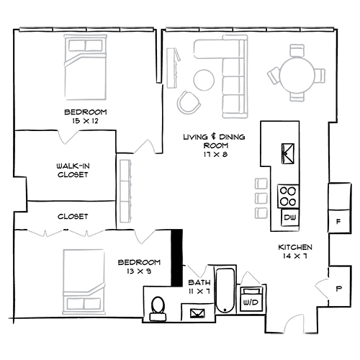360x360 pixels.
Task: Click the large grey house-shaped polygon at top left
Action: click(x=86, y=72)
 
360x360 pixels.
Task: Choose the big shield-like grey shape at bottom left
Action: click(x=76, y=270)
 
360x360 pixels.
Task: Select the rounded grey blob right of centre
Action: click(x=241, y=205)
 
